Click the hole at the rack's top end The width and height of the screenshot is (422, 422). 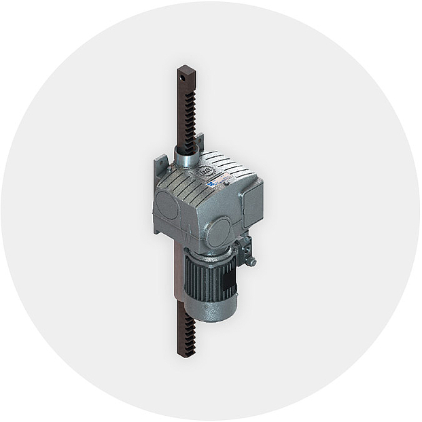click(182, 78)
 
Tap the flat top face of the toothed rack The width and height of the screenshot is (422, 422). click(186, 68)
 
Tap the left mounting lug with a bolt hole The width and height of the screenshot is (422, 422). click(160, 165)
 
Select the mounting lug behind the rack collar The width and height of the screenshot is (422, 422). click(200, 145)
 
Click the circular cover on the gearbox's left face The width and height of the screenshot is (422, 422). click(166, 205)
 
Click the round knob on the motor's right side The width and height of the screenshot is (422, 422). click(251, 261)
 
